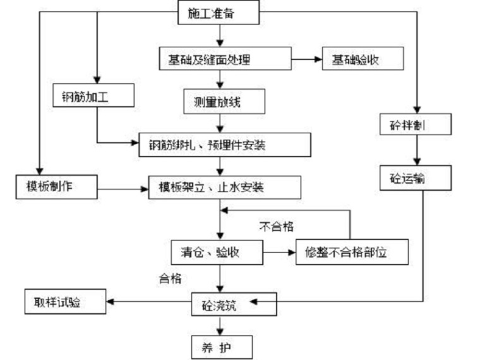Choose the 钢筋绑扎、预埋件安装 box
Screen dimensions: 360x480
coord(225,145)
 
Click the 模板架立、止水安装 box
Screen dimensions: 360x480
coord(224,188)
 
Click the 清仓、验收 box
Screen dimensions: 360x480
coord(217,253)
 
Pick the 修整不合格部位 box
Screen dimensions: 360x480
coord(351,253)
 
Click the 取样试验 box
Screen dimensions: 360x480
coord(64,303)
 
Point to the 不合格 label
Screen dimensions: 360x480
coord(276,225)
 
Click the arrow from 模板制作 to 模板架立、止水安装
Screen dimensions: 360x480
coord(123,188)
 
